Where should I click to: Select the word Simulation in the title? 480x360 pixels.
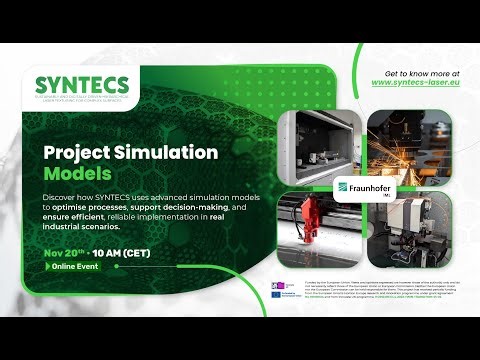tap(168, 153)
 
